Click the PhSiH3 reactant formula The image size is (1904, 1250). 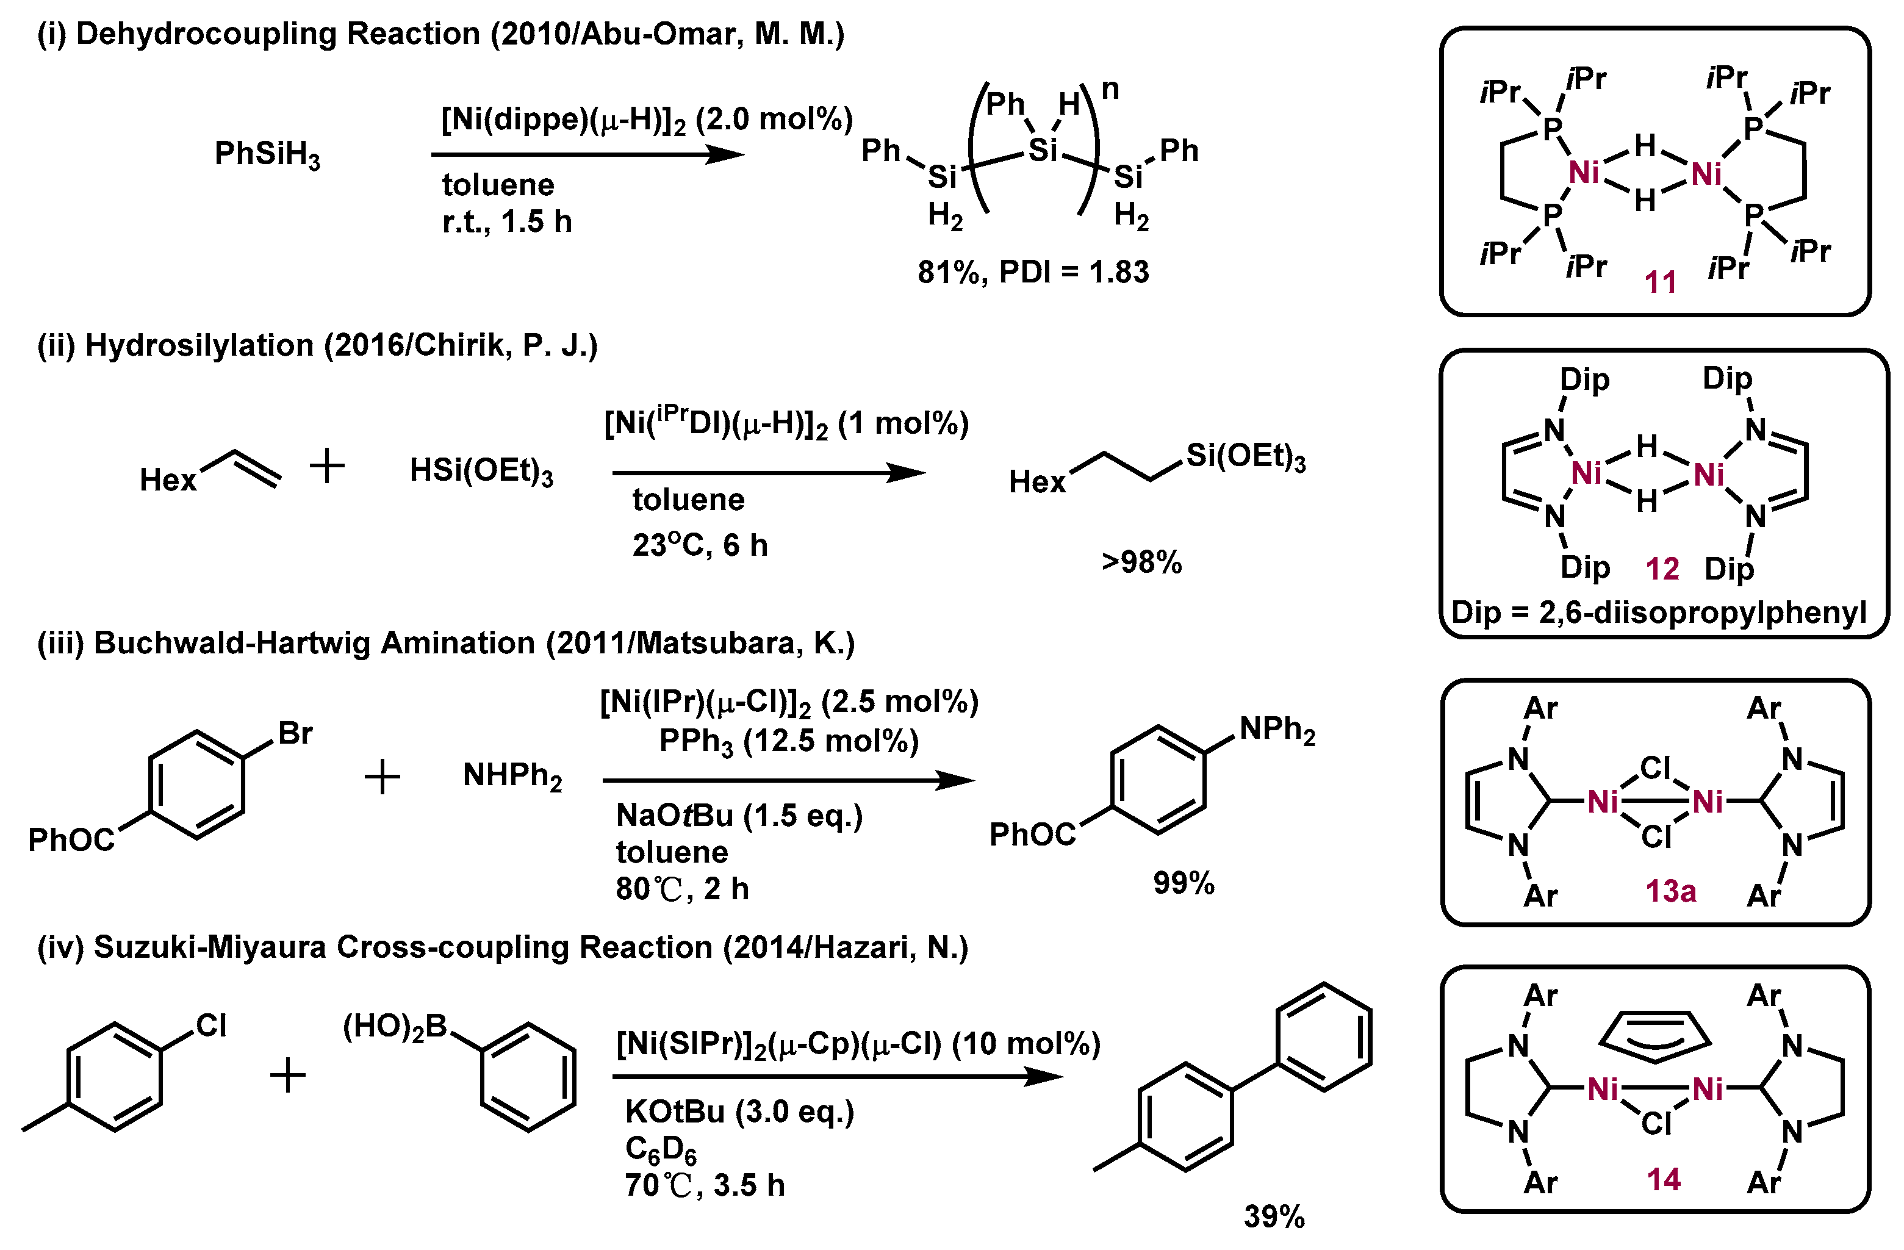point(267,154)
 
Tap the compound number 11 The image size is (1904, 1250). point(1660,282)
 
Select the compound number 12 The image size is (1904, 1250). point(1662,569)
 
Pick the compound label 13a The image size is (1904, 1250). point(1670,890)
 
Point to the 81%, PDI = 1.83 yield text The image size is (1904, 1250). point(1033,272)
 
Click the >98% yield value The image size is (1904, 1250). point(1141,562)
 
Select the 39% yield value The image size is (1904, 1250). point(1274,1216)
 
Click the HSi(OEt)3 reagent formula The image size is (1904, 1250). point(481,470)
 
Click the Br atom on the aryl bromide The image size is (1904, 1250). point(295,733)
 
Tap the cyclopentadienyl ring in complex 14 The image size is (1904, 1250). point(1654,1036)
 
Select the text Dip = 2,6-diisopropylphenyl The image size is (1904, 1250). point(1658,612)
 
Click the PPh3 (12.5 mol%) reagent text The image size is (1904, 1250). point(788,741)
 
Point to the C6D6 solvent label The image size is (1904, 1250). point(660,1149)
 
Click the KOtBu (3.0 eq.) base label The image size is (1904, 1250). point(739,1112)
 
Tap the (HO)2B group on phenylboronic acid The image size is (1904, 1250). point(394,1027)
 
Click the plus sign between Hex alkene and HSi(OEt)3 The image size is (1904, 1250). point(327,466)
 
